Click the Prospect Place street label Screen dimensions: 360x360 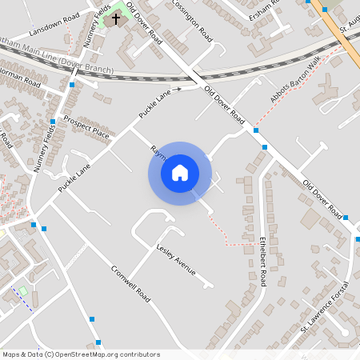tap(89, 130)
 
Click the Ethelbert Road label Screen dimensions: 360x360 tap(262, 261)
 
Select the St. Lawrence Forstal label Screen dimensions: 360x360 tap(326, 307)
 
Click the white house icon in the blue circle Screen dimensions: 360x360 tap(180, 173)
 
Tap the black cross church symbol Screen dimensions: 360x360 tap(116, 17)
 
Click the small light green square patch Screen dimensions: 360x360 tap(22, 290)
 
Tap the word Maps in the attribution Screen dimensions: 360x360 tap(11, 354)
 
